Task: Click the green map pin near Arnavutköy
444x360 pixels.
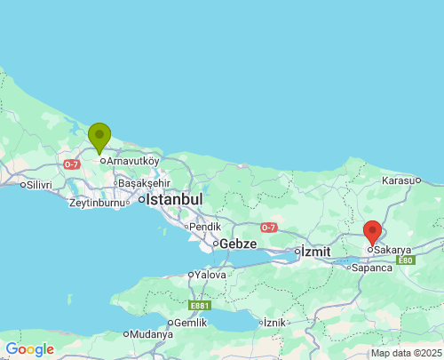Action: click(x=99, y=137)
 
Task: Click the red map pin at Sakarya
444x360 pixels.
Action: click(x=373, y=232)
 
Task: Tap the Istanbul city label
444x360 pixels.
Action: click(x=174, y=199)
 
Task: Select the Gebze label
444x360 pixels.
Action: click(x=237, y=243)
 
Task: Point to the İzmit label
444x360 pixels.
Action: click(x=315, y=252)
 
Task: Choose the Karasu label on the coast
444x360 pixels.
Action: click(x=399, y=180)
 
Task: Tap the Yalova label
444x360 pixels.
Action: click(x=210, y=275)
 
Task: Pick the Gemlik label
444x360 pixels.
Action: click(x=189, y=323)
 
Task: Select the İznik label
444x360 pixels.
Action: click(x=274, y=322)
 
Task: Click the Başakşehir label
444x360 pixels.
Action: click(x=143, y=182)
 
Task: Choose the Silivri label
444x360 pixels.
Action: click(x=39, y=185)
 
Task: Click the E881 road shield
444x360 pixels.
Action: click(x=200, y=305)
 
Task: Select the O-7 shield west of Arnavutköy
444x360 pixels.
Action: click(x=72, y=164)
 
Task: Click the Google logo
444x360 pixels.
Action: click(x=29, y=349)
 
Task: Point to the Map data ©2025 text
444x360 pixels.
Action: click(x=405, y=353)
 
